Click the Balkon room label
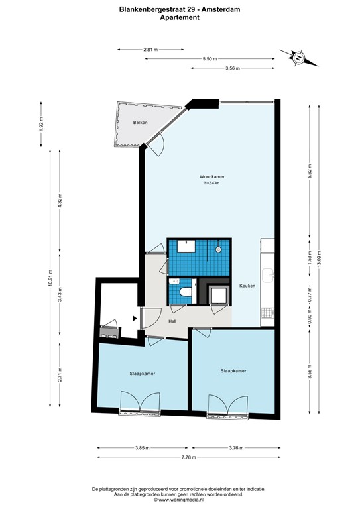click(x=141, y=123)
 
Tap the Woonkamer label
click(x=212, y=176)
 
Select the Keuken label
click(x=247, y=286)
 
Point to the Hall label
click(x=172, y=321)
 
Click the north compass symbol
click(x=298, y=58)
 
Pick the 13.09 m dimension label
click(x=319, y=258)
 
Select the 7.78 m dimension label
click(x=189, y=457)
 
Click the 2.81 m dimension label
click(x=150, y=50)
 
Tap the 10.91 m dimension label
click(x=50, y=278)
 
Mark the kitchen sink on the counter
click(x=269, y=275)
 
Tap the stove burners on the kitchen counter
click(x=268, y=313)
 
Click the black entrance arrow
click(x=135, y=319)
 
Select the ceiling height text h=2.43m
click(x=212, y=183)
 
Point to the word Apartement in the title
click(x=180, y=17)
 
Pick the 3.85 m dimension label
click(x=142, y=448)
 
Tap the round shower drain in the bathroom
click(x=218, y=249)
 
